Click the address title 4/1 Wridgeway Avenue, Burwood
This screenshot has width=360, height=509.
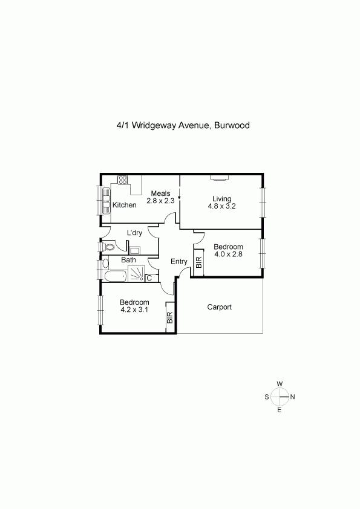click(x=183, y=125)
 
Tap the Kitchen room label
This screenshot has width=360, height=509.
click(x=125, y=205)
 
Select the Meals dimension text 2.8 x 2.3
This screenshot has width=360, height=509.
click(x=160, y=201)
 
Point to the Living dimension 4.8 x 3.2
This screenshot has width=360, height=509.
click(x=222, y=206)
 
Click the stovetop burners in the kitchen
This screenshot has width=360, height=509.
click(x=122, y=180)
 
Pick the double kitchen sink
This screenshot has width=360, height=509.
click(x=106, y=201)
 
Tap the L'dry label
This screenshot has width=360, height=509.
click(x=134, y=232)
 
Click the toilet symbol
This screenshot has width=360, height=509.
click(x=108, y=247)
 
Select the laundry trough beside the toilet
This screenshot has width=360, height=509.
click(x=134, y=250)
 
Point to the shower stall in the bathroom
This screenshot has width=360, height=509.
click(x=136, y=273)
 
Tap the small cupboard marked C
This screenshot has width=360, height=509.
click(x=149, y=278)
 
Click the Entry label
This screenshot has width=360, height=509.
click(x=179, y=261)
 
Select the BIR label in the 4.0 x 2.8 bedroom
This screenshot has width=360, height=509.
click(x=199, y=262)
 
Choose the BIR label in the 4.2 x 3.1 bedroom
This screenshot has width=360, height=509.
click(x=170, y=317)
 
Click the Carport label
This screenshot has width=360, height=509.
click(x=219, y=306)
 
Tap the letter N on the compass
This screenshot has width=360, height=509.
click(x=292, y=397)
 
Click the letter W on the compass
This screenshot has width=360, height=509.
click(x=280, y=384)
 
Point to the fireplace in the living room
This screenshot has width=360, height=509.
click(x=220, y=177)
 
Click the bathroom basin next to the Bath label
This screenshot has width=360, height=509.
click(x=106, y=263)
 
